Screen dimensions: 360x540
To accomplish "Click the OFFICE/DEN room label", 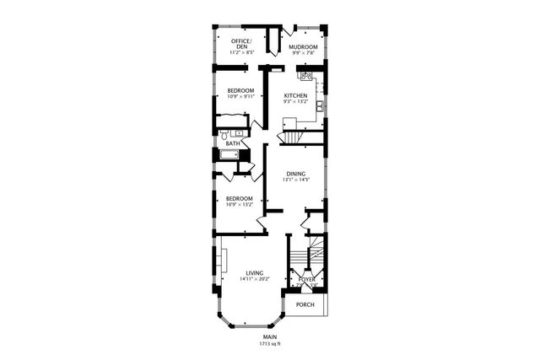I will tap(240, 43).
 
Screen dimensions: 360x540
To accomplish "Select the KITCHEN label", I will tap(295, 96).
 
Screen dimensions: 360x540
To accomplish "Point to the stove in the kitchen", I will tap(307, 77).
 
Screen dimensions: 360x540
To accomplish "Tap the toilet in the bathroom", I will tap(225, 134).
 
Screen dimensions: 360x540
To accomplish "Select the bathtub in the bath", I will tap(229, 154).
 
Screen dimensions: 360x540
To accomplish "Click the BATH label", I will tap(232, 143).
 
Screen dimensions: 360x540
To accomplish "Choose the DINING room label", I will tap(295, 174).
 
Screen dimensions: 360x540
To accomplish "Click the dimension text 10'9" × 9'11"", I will tap(240, 96).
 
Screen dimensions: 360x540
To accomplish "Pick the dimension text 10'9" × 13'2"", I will tap(240, 204).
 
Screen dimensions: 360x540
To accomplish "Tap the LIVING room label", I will tap(254, 272).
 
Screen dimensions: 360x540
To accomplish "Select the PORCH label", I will tap(305, 304).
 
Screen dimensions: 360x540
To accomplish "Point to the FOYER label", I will tap(307, 278).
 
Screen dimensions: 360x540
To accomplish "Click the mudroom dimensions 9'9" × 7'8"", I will tap(302, 52).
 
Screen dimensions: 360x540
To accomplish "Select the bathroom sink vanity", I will tap(240, 133).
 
